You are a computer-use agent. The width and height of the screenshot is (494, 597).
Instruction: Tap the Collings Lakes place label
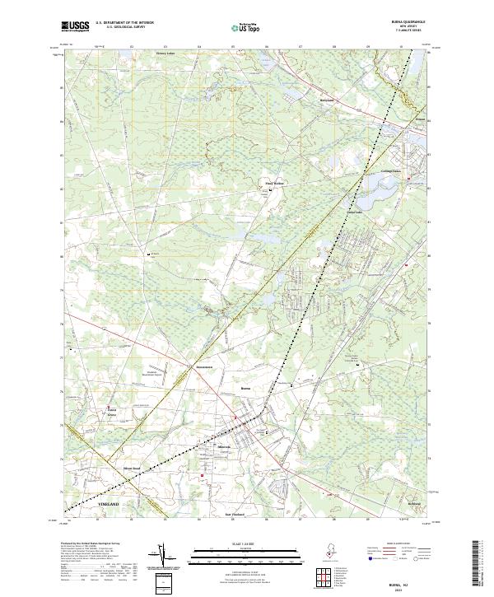380,171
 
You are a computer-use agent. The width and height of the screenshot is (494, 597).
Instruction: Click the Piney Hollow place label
273,184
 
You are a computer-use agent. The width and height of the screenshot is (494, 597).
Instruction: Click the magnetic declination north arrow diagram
165,557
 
